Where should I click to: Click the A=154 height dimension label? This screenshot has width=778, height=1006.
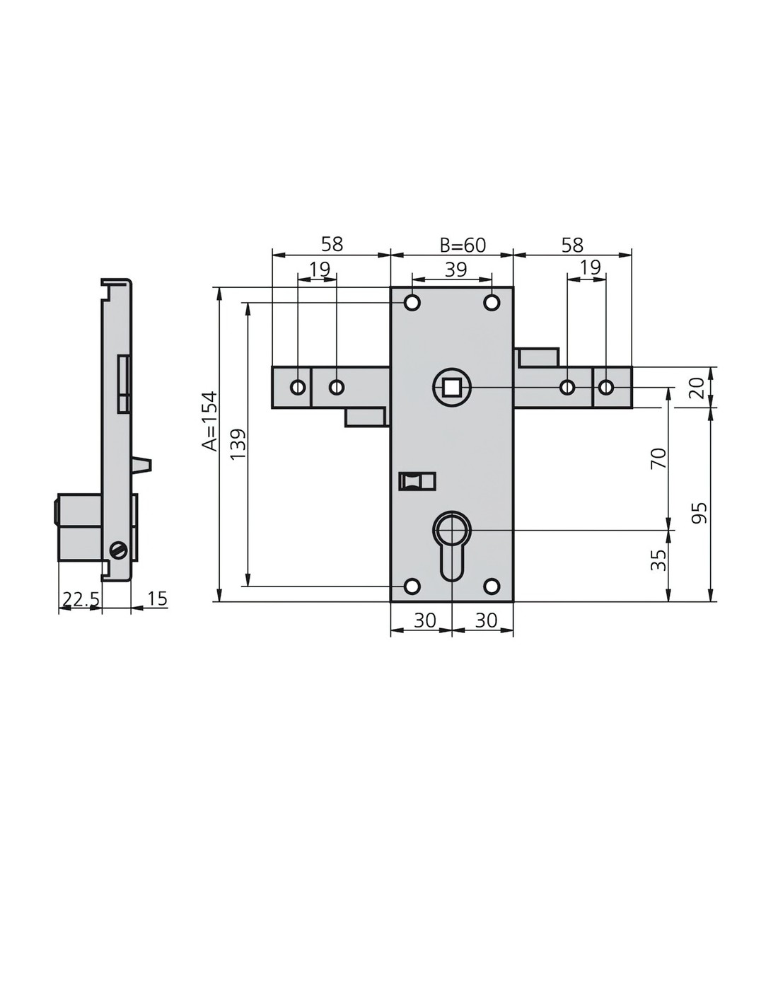tap(209, 421)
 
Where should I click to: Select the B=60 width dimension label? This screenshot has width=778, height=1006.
tap(463, 245)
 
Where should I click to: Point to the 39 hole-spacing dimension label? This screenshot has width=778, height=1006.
tap(455, 270)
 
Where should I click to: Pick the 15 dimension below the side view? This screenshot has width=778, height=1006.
tap(157, 598)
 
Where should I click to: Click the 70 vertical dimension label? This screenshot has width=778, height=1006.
tap(658, 458)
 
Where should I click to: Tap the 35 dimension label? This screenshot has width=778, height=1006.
tap(658, 560)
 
